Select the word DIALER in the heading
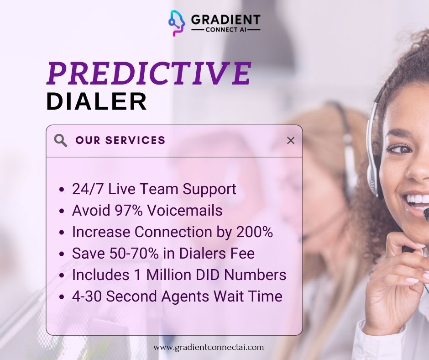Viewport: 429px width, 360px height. pyautogui.click(x=97, y=101)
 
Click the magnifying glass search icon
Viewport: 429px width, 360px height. pyautogui.click(x=60, y=140)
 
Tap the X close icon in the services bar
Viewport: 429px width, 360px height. pyautogui.click(x=290, y=140)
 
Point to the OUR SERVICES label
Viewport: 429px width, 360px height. pyautogui.click(x=120, y=140)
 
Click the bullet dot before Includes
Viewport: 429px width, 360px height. pyautogui.click(x=63, y=275)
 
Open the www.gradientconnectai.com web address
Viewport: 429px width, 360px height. pyautogui.click(x=209, y=347)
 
